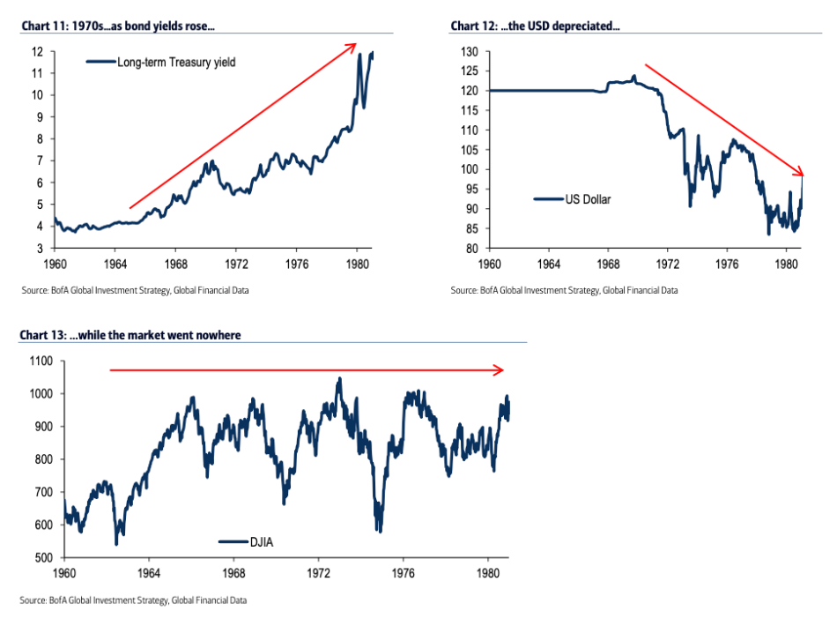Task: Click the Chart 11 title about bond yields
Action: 118,26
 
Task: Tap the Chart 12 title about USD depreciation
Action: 535,26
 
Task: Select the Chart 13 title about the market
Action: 130,335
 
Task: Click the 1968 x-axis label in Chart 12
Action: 608,263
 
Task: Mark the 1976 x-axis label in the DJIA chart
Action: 404,572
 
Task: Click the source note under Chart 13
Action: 132,600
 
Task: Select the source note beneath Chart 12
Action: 564,290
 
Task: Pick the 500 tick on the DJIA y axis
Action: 41,558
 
